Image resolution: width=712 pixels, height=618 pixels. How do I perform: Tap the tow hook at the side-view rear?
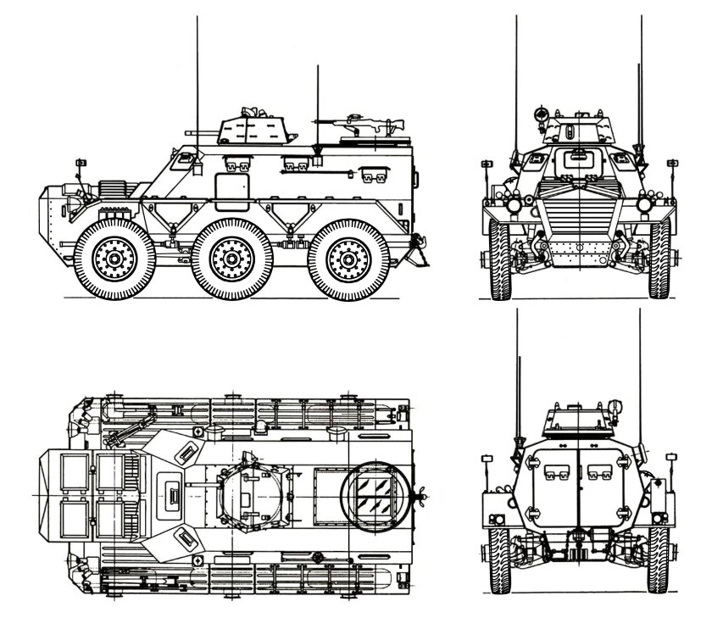click(416, 247)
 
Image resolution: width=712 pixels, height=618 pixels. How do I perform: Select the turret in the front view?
click(577, 127)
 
